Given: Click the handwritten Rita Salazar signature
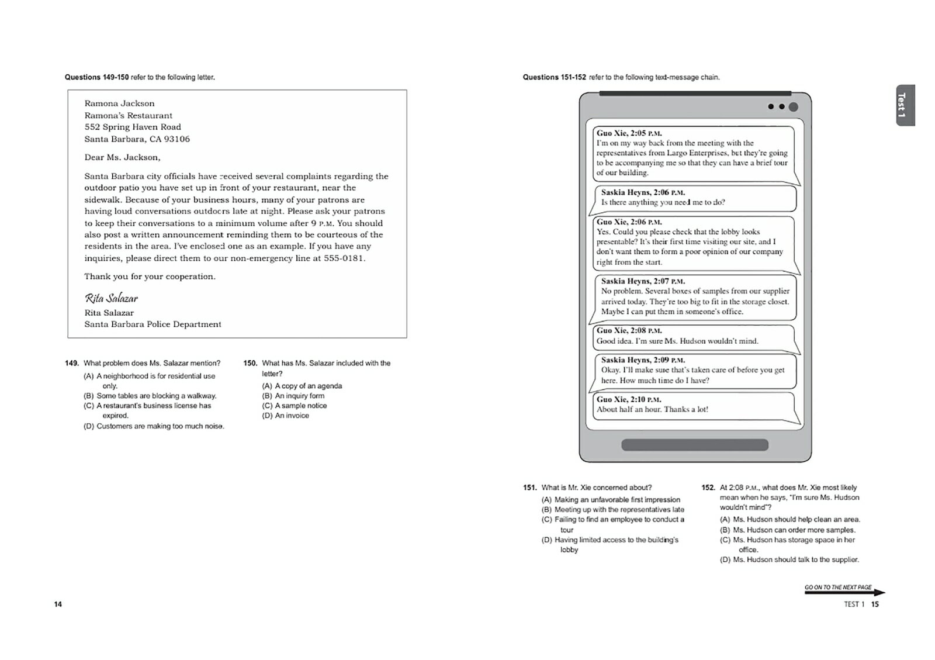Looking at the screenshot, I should [x=111, y=298].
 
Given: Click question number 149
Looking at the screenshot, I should [x=71, y=363].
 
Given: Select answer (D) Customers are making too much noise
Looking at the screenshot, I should [x=154, y=426].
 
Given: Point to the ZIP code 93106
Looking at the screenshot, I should [x=177, y=139].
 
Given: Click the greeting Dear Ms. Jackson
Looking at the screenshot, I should [x=122, y=157].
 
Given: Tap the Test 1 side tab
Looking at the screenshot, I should [x=902, y=105].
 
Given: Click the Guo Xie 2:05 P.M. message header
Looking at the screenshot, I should [x=629, y=133].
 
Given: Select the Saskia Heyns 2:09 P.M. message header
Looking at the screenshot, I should [x=643, y=360].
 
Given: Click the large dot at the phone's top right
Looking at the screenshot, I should [x=793, y=107].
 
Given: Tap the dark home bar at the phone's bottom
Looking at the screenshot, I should [x=694, y=445].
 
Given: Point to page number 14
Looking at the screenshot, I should [x=58, y=604].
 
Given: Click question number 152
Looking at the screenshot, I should [x=708, y=488].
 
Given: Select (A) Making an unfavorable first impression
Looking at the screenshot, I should [x=611, y=500].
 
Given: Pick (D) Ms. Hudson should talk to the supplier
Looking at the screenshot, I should [x=789, y=560].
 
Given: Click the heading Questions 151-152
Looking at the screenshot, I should [x=554, y=77].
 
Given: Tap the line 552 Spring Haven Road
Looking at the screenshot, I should [x=133, y=127].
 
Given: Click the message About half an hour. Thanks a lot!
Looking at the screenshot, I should [x=652, y=410].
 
